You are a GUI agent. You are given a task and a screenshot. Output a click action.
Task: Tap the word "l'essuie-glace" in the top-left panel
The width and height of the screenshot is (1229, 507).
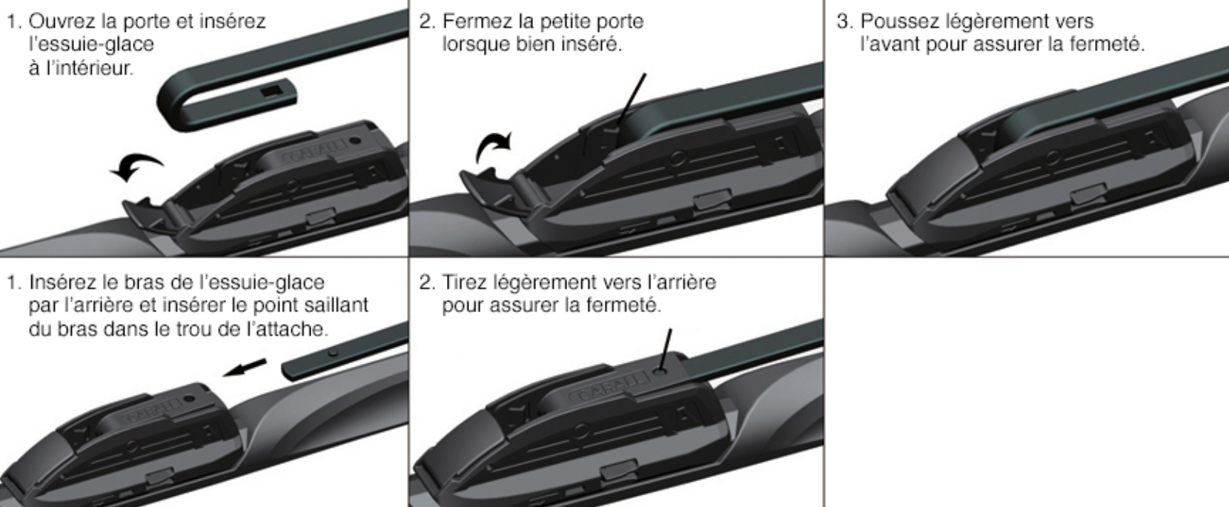point(91,44)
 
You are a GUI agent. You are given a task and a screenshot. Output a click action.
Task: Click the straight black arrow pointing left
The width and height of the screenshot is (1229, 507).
point(245,368)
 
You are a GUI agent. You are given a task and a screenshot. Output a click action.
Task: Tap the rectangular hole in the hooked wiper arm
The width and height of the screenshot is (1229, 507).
point(271,90)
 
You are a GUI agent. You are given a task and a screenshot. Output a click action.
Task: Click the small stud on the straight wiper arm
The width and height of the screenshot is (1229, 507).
point(334,352)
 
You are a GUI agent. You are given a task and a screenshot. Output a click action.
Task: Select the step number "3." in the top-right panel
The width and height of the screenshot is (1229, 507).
point(844,21)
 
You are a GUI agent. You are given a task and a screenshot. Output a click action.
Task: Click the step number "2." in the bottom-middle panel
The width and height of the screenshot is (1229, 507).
point(428,282)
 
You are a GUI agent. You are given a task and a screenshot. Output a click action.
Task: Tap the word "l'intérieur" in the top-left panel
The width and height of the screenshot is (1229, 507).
point(82,68)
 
